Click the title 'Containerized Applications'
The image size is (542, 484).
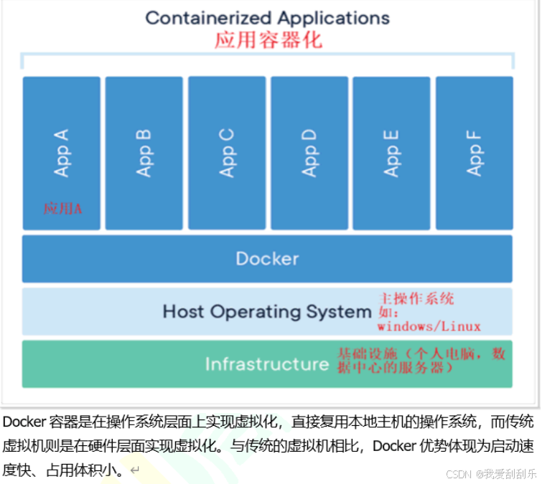(x=267, y=18)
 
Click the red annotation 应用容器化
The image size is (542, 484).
(x=268, y=39)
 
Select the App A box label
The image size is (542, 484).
(x=62, y=153)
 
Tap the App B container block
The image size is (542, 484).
(x=144, y=153)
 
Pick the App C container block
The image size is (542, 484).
(x=227, y=153)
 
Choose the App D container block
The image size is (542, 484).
(x=309, y=153)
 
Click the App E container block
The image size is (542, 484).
(x=392, y=153)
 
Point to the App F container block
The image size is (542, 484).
(x=475, y=153)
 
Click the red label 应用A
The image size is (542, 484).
(x=63, y=209)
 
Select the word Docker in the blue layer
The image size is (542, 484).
(x=267, y=258)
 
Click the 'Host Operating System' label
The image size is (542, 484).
(x=266, y=312)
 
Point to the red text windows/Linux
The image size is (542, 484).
(x=429, y=326)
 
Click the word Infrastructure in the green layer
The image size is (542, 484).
(x=267, y=364)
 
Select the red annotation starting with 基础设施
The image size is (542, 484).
(x=421, y=360)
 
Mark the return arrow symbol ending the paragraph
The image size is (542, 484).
(x=134, y=471)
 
